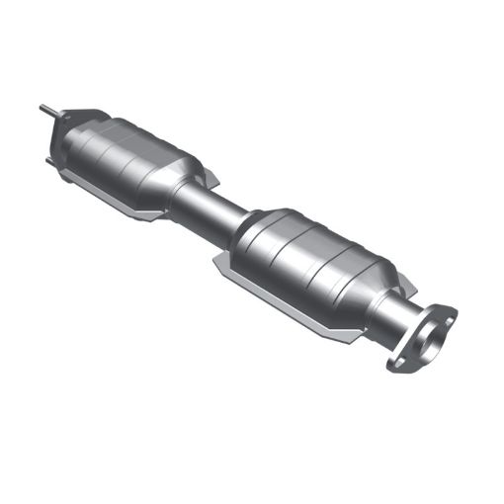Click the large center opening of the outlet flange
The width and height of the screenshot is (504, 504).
432,346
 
